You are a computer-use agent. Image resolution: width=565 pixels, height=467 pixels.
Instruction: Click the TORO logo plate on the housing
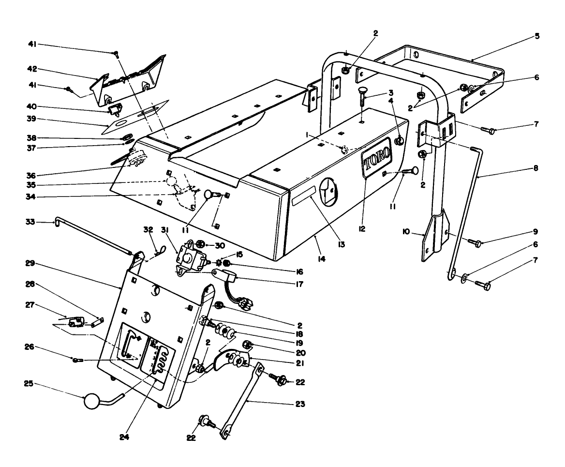pyautogui.click(x=375, y=157)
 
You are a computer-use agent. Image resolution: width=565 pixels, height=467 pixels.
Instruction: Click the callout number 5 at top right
pyautogui.click(x=537, y=36)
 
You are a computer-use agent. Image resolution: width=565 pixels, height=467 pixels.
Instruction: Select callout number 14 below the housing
pyautogui.click(x=321, y=259)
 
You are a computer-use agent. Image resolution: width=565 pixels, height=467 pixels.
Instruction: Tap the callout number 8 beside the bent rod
pyautogui.click(x=536, y=169)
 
